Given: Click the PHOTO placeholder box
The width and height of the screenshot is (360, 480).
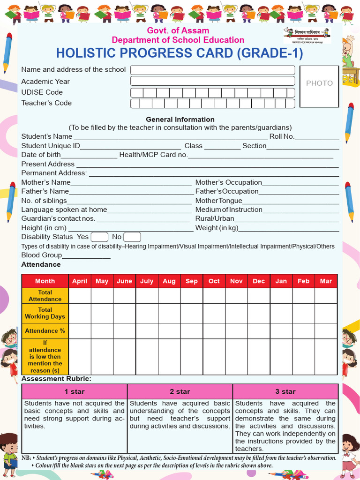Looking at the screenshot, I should point(319,86).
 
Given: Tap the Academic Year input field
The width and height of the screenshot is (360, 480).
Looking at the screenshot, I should point(212,81).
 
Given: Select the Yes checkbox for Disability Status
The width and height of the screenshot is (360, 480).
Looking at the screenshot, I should point(99,237).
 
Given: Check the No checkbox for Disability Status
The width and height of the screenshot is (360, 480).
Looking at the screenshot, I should point(132,237).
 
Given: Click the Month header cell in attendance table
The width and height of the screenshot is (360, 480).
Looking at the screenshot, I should point(45,281).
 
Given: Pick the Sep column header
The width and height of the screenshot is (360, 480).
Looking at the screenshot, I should point(191,281).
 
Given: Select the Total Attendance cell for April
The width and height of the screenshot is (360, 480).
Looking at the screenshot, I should point(80,296).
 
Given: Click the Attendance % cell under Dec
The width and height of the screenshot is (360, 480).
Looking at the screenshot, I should point(259,330).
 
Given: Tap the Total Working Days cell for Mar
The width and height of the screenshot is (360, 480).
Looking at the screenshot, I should point(326,313).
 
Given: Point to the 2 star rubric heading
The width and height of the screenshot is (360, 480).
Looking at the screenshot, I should point(180,391).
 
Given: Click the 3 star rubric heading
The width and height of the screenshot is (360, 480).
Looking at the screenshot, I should point(285,391).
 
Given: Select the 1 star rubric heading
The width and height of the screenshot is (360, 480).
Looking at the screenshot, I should point(75,391).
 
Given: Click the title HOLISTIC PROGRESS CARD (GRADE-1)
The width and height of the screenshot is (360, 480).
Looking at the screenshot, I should point(180,53).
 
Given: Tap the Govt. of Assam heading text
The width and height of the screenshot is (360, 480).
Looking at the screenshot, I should point(178,30).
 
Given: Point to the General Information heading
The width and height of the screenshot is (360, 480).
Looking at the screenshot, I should point(180,119).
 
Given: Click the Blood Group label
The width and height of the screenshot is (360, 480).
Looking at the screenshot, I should point(42,255).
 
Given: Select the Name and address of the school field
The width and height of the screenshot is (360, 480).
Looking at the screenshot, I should point(212,70).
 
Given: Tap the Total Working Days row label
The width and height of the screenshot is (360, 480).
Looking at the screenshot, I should point(45,313).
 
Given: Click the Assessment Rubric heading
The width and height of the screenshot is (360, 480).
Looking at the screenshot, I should point(56,378).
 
